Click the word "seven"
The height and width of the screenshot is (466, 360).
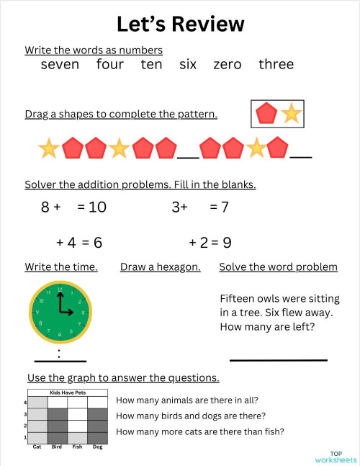60,65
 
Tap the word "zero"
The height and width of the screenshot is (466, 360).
228,65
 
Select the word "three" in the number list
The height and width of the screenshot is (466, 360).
276,65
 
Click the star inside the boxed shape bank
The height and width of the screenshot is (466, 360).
292,113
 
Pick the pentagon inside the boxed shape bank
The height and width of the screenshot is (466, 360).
266,113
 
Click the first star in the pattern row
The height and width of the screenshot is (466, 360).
48,149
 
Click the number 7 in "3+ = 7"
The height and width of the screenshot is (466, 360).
225,207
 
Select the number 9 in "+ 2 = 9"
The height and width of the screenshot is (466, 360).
227,243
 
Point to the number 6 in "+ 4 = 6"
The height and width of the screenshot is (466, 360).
98,243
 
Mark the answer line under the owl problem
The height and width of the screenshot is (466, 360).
278,359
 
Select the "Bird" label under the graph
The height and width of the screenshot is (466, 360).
57,447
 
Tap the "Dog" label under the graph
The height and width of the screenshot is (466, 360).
97,447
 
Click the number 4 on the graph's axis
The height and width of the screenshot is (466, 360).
25,403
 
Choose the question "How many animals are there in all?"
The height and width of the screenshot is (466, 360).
187,400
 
